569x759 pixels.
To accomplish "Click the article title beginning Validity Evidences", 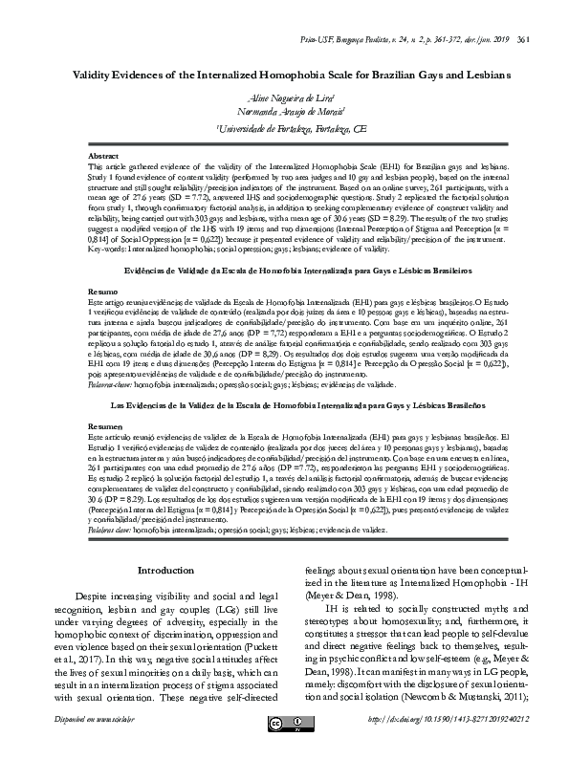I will (284, 73).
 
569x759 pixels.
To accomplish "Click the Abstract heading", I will (102, 154).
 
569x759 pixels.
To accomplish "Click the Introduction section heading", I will (165, 571).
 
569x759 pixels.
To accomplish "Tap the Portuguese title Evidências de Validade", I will (284, 271).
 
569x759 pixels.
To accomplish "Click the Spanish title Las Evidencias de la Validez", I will (284, 405).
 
